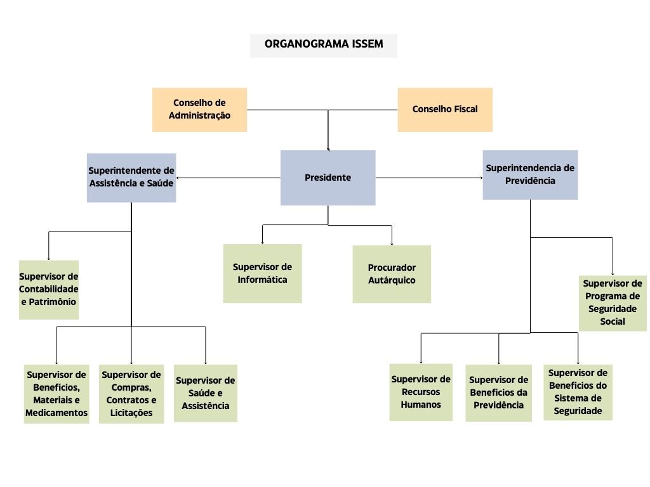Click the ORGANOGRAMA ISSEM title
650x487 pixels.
[x=323, y=44]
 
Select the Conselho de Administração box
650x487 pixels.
[x=199, y=110]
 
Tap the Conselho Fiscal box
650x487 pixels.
[x=445, y=110]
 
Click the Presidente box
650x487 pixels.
[x=328, y=178]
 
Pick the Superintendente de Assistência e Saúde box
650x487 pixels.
[x=131, y=178]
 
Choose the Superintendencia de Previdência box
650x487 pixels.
[x=530, y=175]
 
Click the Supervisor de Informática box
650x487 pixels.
[x=262, y=273]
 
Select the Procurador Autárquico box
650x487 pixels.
[x=392, y=274]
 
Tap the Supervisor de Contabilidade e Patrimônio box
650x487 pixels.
[x=48, y=289]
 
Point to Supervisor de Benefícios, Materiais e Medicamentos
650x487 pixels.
[x=56, y=394]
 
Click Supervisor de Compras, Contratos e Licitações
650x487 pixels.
[x=131, y=394]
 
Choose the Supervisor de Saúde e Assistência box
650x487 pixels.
[x=206, y=393]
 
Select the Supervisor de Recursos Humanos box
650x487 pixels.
[x=421, y=392]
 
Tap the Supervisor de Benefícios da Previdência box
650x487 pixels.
[x=499, y=393]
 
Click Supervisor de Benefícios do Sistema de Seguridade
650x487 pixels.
[x=578, y=392]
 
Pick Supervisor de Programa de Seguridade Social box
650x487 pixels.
[x=613, y=303]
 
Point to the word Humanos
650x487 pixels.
[x=421, y=405]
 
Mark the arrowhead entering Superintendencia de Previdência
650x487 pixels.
[x=481, y=178]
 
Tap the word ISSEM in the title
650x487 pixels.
[x=368, y=44]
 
